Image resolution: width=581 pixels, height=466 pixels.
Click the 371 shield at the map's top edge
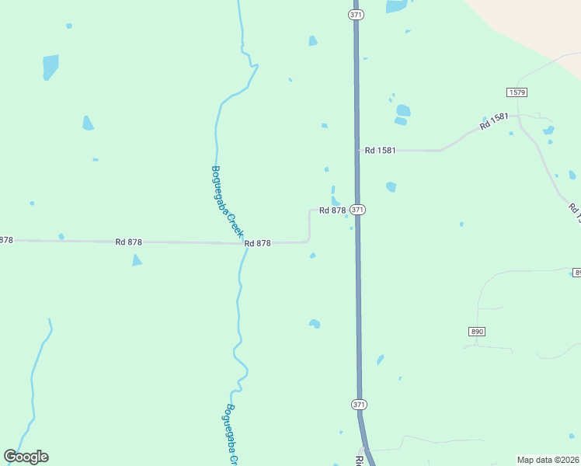coord(356,15)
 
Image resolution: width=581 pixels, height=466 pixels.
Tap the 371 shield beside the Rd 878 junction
coord(357,210)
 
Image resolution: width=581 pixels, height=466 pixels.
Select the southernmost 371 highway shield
coord(358,405)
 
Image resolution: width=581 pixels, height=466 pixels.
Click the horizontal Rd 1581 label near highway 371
coord(381,151)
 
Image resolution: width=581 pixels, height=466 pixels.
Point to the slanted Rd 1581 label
coord(494,121)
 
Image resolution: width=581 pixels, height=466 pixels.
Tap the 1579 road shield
coord(517,92)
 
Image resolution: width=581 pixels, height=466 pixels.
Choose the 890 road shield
coord(477,332)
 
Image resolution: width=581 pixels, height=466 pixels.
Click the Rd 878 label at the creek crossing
coord(257,243)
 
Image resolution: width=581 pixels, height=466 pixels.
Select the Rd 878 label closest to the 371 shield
coord(332,210)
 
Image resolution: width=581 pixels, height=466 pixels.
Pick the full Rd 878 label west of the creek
coord(128,242)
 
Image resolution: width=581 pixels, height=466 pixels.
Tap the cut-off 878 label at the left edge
coord(6,240)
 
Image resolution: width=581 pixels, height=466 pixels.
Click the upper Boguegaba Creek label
coord(227,202)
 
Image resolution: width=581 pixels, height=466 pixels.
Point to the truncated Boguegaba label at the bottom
coord(231,435)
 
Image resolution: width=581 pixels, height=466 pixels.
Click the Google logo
coord(26,457)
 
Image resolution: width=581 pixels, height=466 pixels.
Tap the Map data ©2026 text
coord(548,460)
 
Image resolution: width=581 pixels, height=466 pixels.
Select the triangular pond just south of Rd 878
coord(137,260)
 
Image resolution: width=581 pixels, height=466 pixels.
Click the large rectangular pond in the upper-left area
coord(50,67)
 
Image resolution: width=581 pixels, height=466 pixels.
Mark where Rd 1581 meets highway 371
coord(357,151)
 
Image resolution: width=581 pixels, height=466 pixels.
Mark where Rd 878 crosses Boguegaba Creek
coord(242,243)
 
